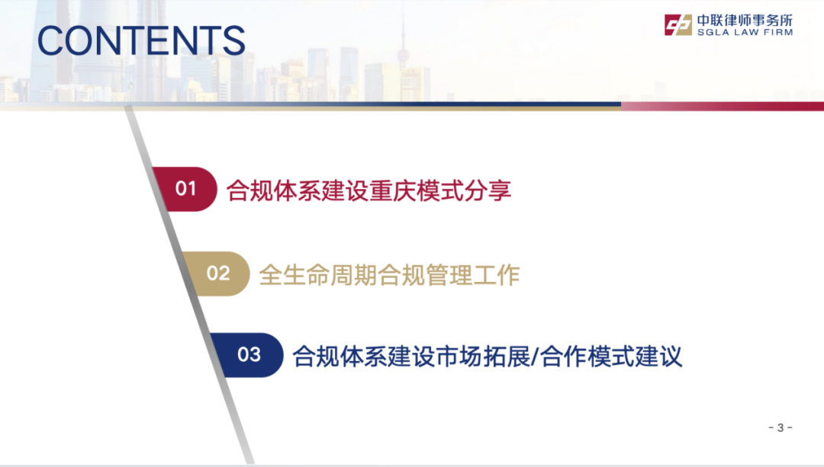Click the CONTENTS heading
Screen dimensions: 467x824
[141, 41]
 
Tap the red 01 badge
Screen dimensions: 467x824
[186, 189]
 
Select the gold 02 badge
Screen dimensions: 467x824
[218, 273]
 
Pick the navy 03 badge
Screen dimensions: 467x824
[249, 355]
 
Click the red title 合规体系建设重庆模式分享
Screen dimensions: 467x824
[369, 190]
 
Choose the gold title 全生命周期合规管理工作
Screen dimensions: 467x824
[389, 273]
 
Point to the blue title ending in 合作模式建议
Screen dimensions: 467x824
[488, 356]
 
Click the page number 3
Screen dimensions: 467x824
[780, 427]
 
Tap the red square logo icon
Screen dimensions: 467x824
[677, 25]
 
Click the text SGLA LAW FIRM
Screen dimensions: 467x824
[744, 33]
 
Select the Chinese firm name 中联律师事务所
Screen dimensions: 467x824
[744, 20]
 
